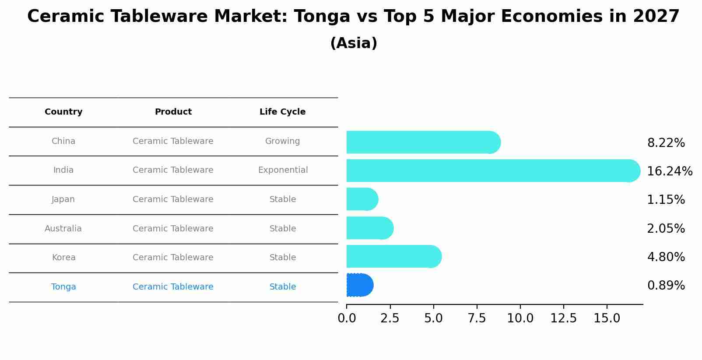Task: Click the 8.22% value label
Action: [x=666, y=143]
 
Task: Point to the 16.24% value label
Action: [x=669, y=171]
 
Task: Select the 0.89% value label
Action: [x=666, y=286]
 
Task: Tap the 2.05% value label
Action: [x=666, y=229]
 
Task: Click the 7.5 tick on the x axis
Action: [x=477, y=318]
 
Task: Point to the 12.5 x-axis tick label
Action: [x=563, y=318]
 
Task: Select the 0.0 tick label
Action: [x=347, y=318]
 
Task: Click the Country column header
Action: [x=63, y=112]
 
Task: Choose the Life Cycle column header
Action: [x=282, y=112]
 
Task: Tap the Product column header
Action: [x=173, y=112]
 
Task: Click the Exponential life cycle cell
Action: [x=283, y=170]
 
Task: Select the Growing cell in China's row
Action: [x=282, y=141]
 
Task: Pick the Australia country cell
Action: [x=63, y=229]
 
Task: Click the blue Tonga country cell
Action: [x=63, y=287]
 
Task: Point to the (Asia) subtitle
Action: [x=354, y=43]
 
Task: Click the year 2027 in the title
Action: [x=656, y=17]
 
